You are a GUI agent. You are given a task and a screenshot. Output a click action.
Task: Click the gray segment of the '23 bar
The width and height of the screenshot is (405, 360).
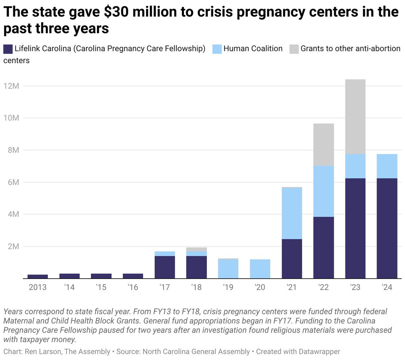click(355, 117)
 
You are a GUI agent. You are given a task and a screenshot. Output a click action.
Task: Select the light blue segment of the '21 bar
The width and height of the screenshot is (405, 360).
click(292, 213)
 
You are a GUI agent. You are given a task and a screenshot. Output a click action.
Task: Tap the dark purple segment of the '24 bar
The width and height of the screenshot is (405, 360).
click(387, 228)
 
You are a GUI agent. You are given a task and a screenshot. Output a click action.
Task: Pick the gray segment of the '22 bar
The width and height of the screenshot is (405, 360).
click(323, 145)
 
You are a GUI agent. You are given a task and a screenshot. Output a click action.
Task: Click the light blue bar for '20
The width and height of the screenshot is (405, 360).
click(260, 269)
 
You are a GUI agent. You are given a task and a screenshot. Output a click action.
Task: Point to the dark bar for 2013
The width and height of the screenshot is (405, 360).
click(37, 277)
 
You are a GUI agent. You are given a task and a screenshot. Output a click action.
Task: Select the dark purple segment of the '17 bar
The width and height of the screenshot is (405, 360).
click(165, 267)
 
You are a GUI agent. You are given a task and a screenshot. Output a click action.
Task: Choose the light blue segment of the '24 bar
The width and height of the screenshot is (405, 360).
click(387, 166)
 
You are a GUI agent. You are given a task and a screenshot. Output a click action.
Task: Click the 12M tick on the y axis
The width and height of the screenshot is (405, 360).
click(11, 86)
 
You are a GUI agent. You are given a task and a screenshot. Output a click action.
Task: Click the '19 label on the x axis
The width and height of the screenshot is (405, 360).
click(228, 287)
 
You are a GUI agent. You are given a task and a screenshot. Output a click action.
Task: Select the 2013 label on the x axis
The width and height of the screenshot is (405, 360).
click(37, 287)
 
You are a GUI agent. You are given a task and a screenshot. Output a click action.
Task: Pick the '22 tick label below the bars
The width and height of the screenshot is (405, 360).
click(323, 287)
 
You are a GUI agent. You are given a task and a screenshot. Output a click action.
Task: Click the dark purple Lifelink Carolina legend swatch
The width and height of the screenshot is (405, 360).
click(8, 49)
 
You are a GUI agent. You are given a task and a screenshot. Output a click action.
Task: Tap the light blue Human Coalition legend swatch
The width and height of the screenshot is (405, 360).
click(217, 49)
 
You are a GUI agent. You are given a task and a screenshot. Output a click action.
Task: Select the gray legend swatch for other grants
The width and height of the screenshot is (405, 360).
click(294, 49)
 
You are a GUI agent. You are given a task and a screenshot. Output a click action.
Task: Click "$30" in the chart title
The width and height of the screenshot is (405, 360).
click(115, 12)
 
